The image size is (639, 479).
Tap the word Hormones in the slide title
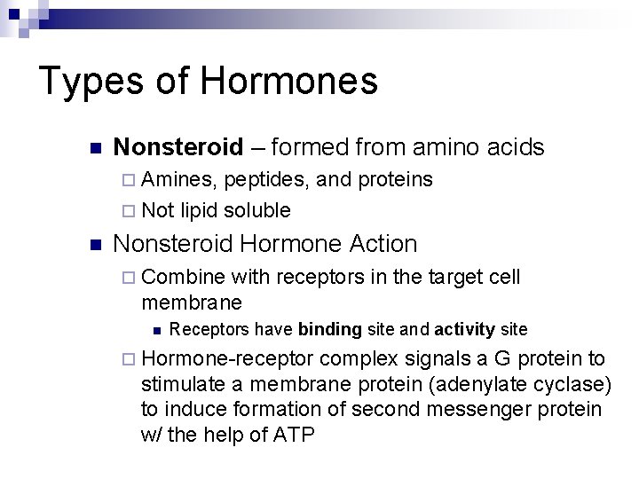click(288, 81)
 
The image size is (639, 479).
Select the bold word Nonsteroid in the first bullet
click(178, 146)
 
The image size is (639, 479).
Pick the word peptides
click(266, 180)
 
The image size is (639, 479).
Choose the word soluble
click(257, 210)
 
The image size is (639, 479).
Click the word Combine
click(184, 278)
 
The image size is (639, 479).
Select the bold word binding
click(329, 330)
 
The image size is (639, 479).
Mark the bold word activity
click(464, 330)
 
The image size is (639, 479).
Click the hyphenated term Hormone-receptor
click(227, 358)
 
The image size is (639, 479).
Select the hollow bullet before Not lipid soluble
click(130, 211)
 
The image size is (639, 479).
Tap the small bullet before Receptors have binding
click(156, 331)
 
